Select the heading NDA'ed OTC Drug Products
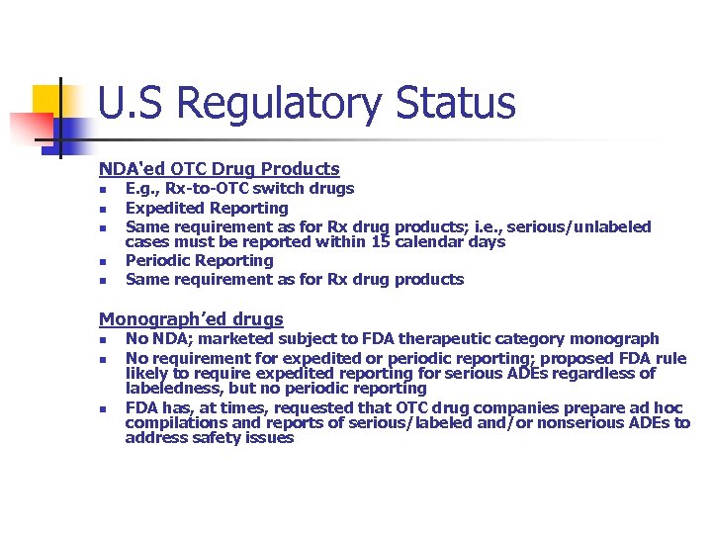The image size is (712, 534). pyautogui.click(x=219, y=169)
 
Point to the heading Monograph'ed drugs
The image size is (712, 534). pyautogui.click(x=191, y=318)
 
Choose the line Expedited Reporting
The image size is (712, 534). pyautogui.click(x=207, y=208)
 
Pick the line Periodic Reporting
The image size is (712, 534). pyautogui.click(x=199, y=260)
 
